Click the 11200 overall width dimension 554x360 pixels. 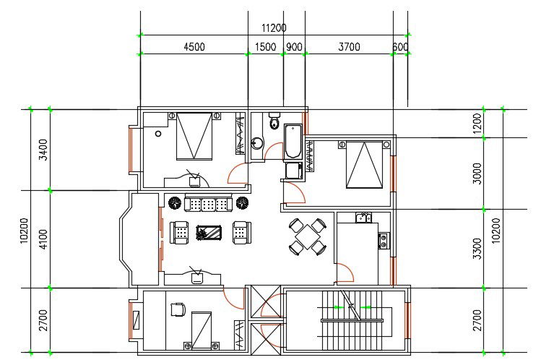click(x=274, y=28)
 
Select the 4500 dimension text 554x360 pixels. click(x=194, y=47)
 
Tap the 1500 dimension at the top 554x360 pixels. click(x=265, y=47)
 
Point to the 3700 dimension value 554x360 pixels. click(x=349, y=47)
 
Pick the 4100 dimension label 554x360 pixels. click(x=43, y=239)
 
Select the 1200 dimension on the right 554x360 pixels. click(x=477, y=124)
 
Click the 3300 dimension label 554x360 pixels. click(x=477, y=247)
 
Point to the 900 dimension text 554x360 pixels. click(x=294, y=47)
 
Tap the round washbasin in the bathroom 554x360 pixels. click(x=258, y=143)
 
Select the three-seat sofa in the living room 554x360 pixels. click(x=209, y=204)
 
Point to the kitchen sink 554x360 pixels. click(x=363, y=218)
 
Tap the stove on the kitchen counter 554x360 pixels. click(x=384, y=240)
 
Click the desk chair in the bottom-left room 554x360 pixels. click(x=176, y=309)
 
